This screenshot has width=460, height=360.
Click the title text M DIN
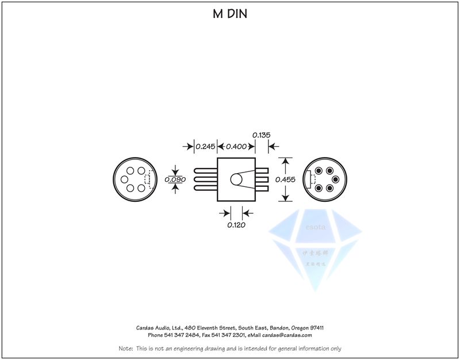click(x=230, y=14)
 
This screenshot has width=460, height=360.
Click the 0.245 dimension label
click(x=205, y=147)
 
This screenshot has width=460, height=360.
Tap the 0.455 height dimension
click(x=285, y=179)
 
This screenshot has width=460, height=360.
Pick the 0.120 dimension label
click(x=236, y=225)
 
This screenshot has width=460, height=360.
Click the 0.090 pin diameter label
click(x=175, y=179)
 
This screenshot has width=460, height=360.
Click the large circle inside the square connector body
click(x=236, y=179)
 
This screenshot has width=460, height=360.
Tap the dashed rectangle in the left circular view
click(x=149, y=179)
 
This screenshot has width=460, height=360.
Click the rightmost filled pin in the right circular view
click(x=335, y=179)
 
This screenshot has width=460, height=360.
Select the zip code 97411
click(x=316, y=327)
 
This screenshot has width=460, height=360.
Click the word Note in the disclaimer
click(x=125, y=348)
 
